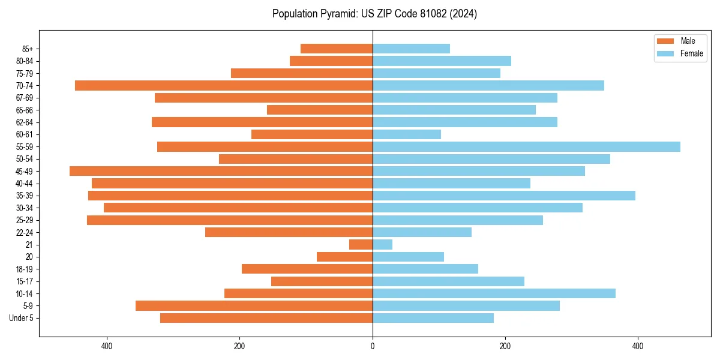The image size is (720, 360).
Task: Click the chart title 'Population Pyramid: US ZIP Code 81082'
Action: (374, 14)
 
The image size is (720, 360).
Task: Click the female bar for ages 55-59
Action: (526, 147)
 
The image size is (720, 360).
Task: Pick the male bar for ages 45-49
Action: (221, 171)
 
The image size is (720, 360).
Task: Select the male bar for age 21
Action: (361, 245)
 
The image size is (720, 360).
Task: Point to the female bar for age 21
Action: (382, 245)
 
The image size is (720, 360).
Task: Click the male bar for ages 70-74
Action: (224, 86)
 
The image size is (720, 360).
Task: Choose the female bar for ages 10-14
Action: (494, 293)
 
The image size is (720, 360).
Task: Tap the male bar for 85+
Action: (337, 49)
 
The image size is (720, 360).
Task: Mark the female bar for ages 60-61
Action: (407, 134)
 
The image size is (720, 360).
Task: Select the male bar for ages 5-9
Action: (254, 306)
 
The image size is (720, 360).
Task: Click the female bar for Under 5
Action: (433, 318)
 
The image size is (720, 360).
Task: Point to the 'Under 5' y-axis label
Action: (21, 318)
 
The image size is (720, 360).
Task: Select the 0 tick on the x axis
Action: (373, 346)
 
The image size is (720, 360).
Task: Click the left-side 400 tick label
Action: (107, 346)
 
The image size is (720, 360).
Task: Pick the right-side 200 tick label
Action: (505, 346)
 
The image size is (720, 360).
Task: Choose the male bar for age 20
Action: (344, 257)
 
